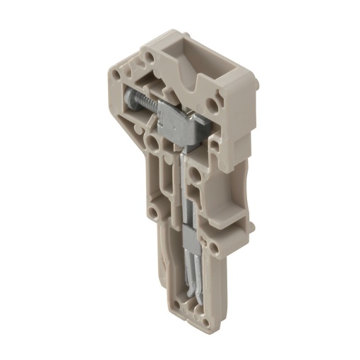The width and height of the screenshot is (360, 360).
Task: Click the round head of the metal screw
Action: pos(130,100)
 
